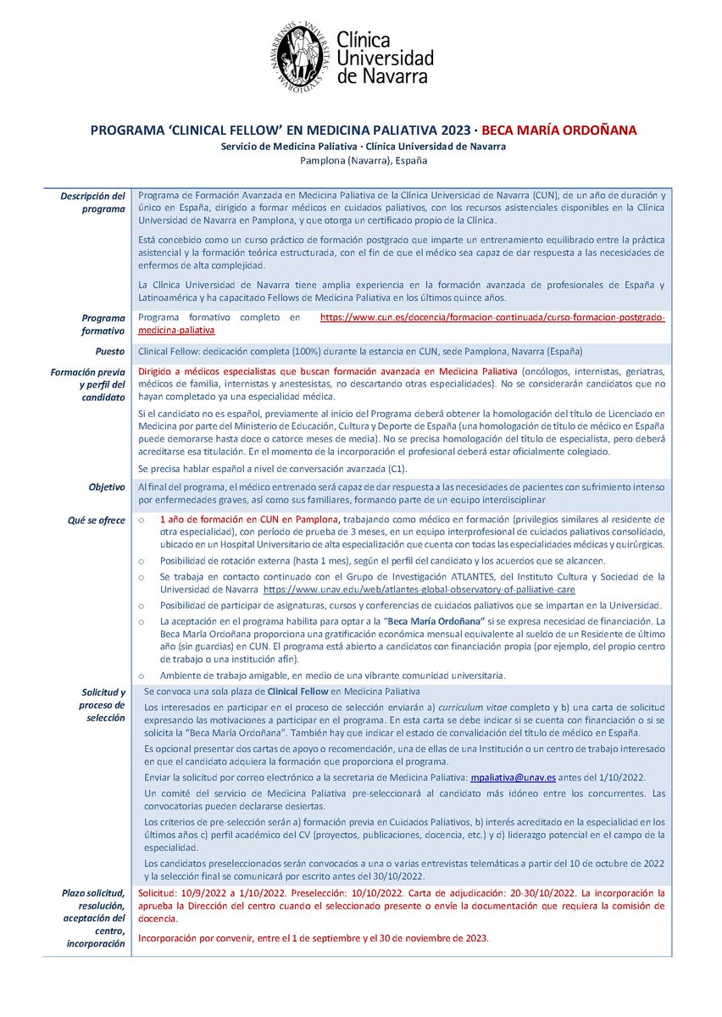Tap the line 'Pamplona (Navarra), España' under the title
click(361, 160)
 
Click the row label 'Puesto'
click(110, 351)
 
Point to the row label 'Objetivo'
click(107, 487)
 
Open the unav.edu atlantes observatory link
click(419, 588)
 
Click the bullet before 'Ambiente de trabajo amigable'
click(142, 675)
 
